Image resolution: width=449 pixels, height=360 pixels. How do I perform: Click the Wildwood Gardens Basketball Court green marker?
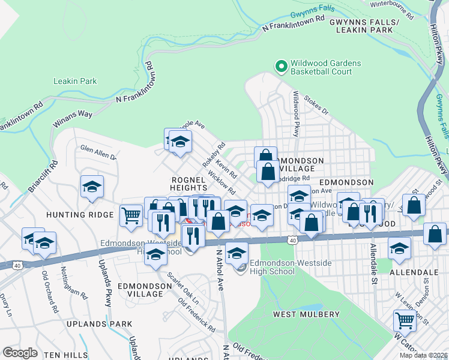pos(280,67)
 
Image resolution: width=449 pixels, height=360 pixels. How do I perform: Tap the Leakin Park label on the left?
pos(75,81)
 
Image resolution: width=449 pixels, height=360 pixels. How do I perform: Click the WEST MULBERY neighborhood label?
pos(306,314)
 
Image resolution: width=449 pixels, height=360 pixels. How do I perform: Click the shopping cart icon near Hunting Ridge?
pos(131,215)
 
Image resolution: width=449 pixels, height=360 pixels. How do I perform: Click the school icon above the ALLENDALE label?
pos(399,248)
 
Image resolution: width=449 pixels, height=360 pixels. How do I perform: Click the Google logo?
pos(20,352)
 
